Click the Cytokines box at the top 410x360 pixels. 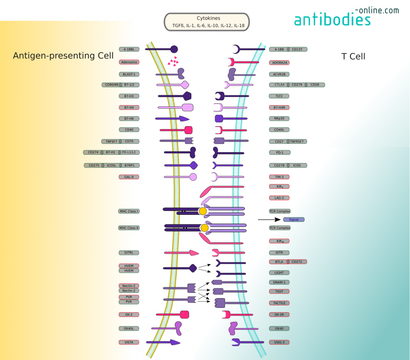[x=207, y=22]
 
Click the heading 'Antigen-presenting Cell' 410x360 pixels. [x=63, y=56]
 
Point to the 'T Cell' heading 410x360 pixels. [x=353, y=57]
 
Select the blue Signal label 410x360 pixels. [x=293, y=220]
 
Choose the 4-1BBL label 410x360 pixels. [x=129, y=49]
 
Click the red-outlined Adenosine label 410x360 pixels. [x=129, y=62]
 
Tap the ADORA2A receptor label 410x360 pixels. [x=279, y=63]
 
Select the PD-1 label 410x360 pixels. [x=279, y=153]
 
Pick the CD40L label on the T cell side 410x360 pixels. [x=279, y=130]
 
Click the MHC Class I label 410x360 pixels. [x=129, y=211]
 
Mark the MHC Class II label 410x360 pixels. [x=129, y=228]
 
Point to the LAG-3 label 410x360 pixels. [x=279, y=198]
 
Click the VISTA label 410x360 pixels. [x=129, y=342]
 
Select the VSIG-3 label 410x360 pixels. [x=279, y=342]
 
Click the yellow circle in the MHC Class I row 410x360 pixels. [x=203, y=211]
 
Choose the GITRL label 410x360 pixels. [x=129, y=253]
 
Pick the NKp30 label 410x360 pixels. [x=279, y=118]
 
